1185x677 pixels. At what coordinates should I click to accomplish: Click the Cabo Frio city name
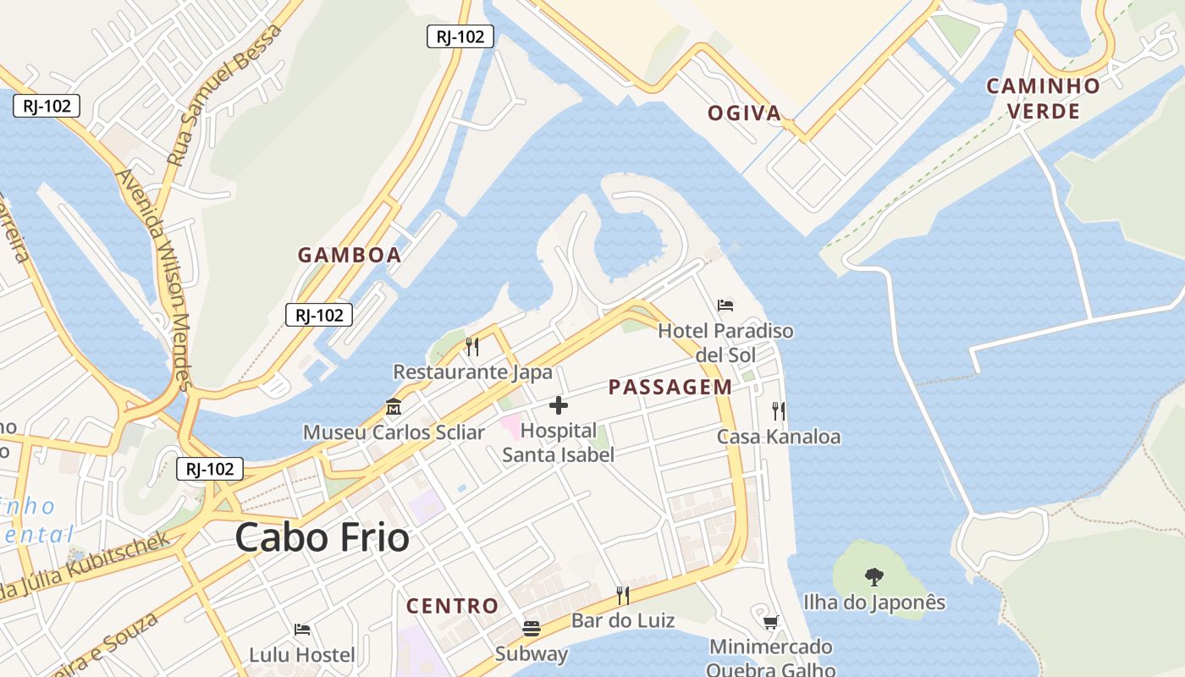point(322,537)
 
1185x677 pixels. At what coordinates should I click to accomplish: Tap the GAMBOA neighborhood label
point(350,255)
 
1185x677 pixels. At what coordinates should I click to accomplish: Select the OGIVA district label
point(745,113)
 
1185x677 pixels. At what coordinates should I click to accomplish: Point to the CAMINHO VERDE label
point(1043,98)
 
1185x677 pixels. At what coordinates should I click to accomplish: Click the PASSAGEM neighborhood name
point(670,388)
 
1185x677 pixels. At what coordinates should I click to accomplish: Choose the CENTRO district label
point(452,606)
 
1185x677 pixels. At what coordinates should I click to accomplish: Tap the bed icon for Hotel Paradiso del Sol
point(725,305)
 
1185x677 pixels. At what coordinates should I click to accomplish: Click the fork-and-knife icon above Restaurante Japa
point(472,346)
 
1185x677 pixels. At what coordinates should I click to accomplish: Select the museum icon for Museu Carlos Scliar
point(394,407)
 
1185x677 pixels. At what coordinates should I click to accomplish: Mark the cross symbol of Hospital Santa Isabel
point(559,405)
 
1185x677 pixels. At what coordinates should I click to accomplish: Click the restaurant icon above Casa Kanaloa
point(779,411)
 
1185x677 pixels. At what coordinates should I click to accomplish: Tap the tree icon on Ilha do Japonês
point(874,577)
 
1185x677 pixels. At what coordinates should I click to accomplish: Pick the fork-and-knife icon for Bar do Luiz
point(623,596)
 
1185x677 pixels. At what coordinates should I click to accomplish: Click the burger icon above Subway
point(532,629)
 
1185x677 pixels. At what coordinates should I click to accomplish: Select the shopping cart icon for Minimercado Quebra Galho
point(770,623)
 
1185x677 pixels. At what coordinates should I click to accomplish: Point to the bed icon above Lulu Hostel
point(302,630)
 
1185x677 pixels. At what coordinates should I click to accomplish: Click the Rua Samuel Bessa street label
point(224,95)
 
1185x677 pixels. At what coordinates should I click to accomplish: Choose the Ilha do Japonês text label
point(874,603)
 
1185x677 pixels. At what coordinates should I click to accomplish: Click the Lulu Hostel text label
point(302,655)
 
